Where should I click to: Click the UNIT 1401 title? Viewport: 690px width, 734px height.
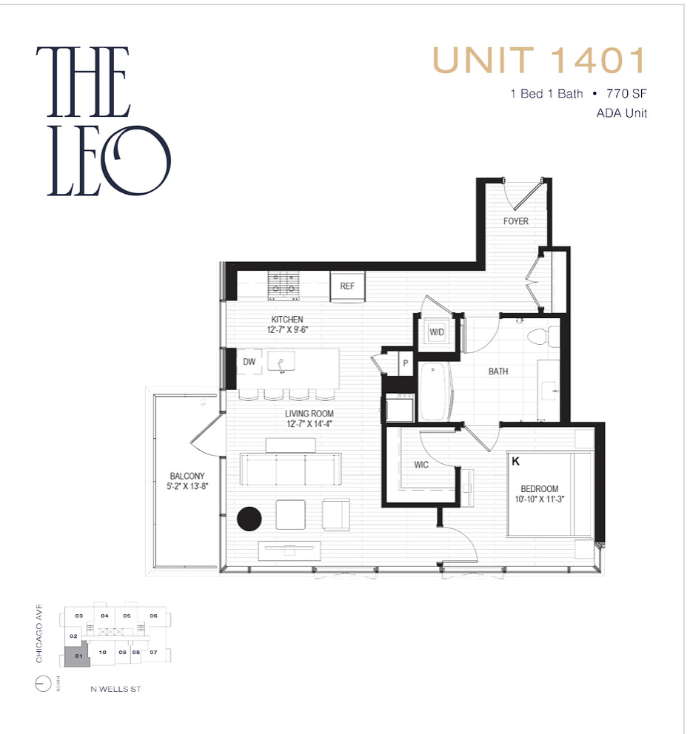(x=540, y=61)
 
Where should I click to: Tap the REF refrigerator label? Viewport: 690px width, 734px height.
(x=347, y=286)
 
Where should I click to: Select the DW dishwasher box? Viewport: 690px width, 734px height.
(x=249, y=362)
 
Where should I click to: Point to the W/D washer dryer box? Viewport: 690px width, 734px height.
(x=437, y=331)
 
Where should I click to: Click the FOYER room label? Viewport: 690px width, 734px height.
(x=516, y=221)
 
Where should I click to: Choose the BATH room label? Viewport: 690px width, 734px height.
(x=498, y=371)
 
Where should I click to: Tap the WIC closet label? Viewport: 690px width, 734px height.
(x=421, y=465)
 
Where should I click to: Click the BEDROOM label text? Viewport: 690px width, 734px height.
(x=540, y=489)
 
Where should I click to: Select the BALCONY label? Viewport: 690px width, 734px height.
(x=187, y=476)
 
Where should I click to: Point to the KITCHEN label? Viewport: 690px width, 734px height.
(x=287, y=319)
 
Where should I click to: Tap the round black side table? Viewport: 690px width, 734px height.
(x=249, y=518)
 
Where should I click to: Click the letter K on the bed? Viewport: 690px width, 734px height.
(x=515, y=460)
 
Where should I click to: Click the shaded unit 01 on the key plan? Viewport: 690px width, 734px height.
(x=74, y=656)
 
